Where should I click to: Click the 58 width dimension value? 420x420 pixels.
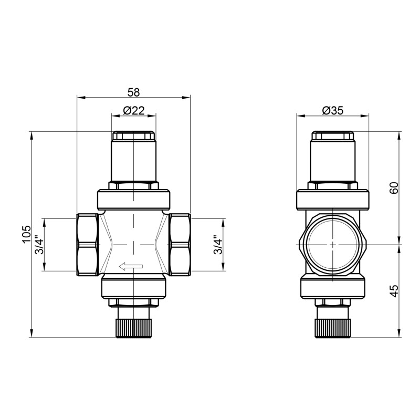(x=134, y=92)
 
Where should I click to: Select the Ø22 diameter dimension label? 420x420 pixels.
(x=134, y=110)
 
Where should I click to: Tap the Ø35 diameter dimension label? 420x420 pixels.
(x=332, y=110)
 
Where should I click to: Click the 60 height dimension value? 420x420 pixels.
(x=394, y=188)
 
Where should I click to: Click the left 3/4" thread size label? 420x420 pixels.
(x=39, y=245)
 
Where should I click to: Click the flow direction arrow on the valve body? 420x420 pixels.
(x=131, y=267)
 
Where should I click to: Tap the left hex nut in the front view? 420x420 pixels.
(x=87, y=245)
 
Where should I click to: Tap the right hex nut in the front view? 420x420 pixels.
(x=180, y=245)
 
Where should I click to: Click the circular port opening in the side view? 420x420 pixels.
(x=332, y=245)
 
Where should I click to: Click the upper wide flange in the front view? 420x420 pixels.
(x=134, y=199)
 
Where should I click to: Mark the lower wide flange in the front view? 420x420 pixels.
(x=134, y=288)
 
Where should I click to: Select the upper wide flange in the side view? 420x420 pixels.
(x=332, y=199)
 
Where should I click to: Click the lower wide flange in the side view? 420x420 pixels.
(x=332, y=288)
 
